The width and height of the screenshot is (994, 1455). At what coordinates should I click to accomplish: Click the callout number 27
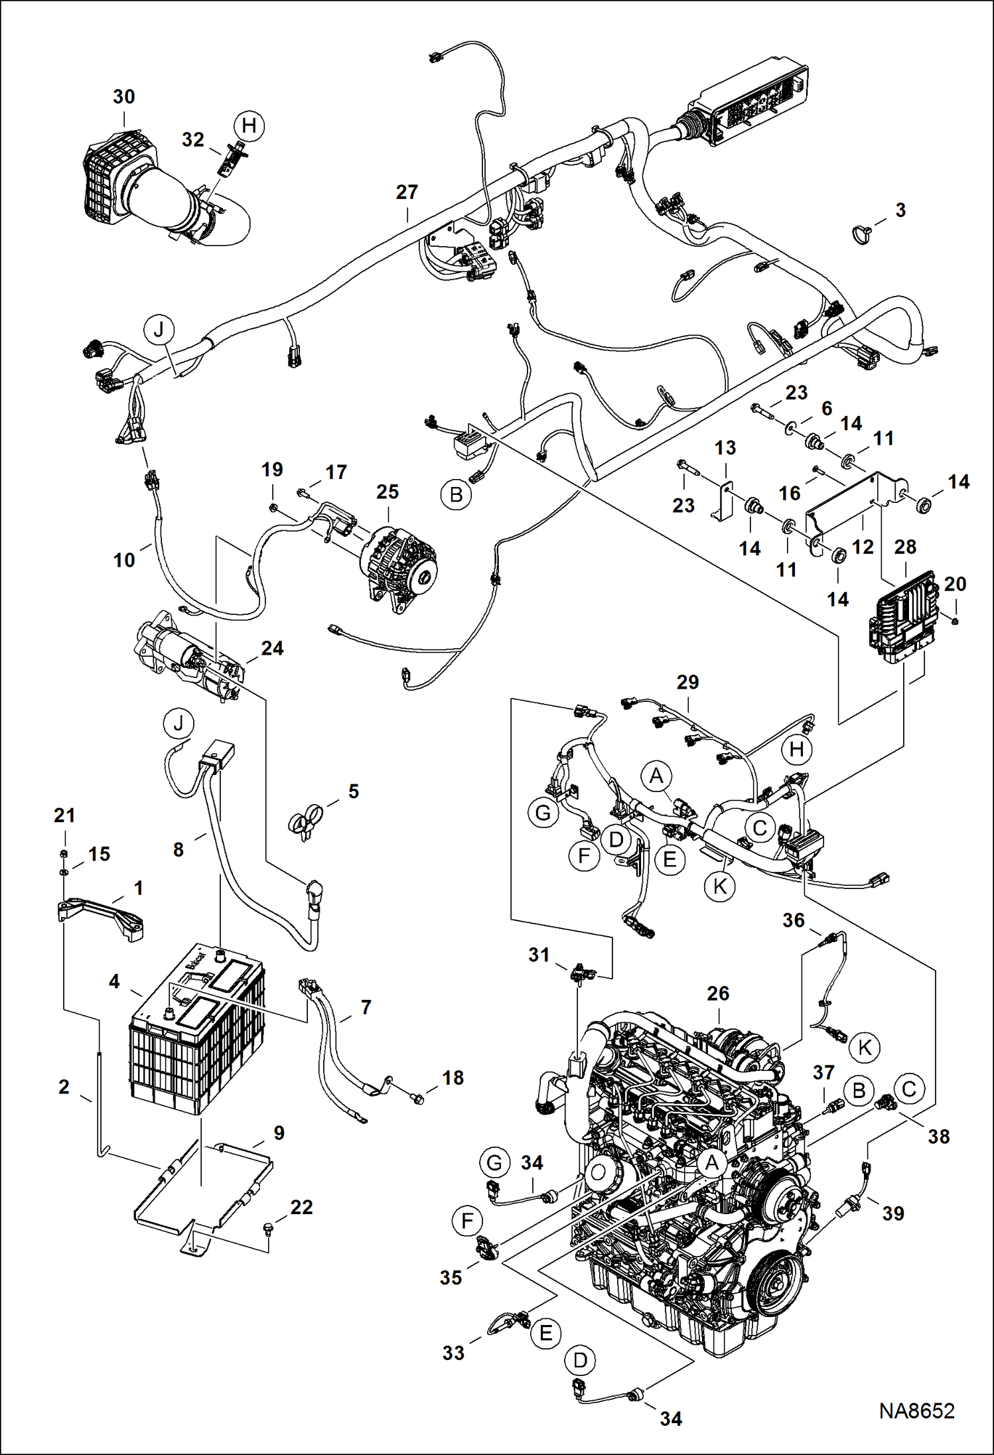click(x=407, y=192)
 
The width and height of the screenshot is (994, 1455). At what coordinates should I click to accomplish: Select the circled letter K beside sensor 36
click(x=865, y=1047)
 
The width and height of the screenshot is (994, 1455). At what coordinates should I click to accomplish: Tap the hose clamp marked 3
click(x=861, y=234)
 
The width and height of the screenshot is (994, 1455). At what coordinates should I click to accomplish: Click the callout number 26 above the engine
click(x=718, y=993)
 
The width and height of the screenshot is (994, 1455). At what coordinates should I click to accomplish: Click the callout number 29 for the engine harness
click(x=688, y=682)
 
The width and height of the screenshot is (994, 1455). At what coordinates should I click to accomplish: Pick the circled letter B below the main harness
click(x=457, y=495)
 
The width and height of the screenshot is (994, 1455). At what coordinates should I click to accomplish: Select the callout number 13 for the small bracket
click(x=725, y=448)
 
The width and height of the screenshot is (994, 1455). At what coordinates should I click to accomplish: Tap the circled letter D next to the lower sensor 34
click(x=580, y=1361)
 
